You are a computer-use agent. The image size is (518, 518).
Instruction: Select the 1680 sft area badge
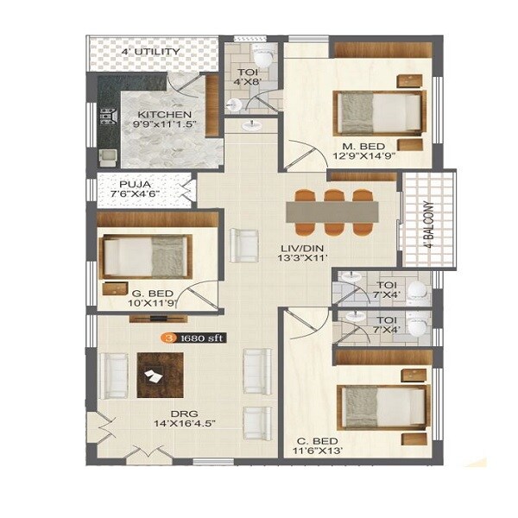(x=201, y=338)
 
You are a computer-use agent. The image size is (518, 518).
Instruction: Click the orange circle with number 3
(x=169, y=338)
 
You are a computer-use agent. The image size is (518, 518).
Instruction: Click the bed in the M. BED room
(x=380, y=112)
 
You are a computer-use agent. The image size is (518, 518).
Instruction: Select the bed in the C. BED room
(x=384, y=406)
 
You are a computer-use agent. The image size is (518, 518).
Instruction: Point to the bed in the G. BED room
(x=144, y=256)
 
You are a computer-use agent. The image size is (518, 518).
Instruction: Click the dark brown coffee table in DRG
(x=160, y=376)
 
